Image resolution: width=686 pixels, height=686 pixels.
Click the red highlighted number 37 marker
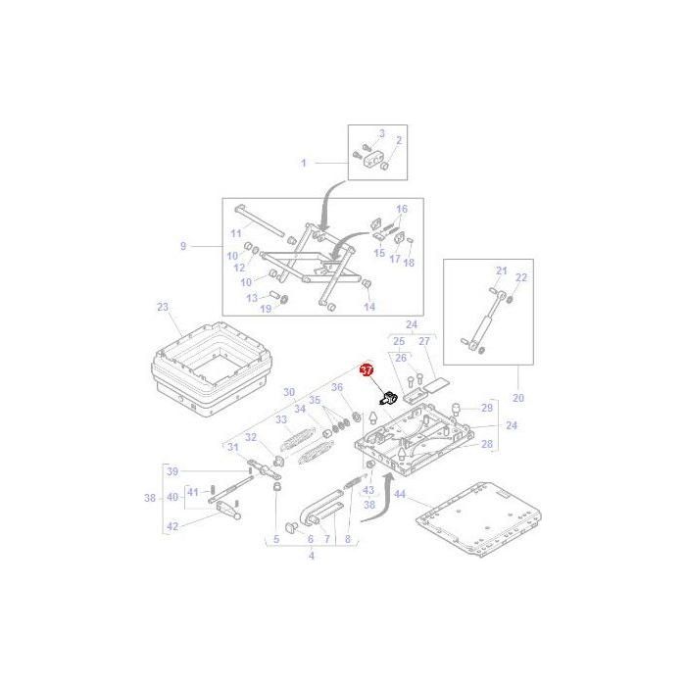[x=367, y=370]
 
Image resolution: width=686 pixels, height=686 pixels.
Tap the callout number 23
[x=163, y=307]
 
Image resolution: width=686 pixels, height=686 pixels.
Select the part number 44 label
[x=399, y=494]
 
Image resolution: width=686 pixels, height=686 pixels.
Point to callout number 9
[x=182, y=246]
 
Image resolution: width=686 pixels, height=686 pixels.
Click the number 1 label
[x=304, y=163]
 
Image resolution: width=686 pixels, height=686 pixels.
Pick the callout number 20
[x=518, y=398]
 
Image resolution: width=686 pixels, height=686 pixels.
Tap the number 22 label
[x=521, y=277]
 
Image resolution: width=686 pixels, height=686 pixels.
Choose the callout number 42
[x=173, y=526]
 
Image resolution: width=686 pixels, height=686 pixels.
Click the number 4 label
[x=312, y=557]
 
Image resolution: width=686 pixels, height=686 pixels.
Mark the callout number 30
[x=289, y=392]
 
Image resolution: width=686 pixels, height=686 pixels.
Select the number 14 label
[x=369, y=307]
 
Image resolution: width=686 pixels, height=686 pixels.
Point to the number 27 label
[x=424, y=341]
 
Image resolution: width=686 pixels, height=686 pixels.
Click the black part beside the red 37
[x=387, y=397]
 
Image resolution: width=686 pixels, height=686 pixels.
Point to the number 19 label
[x=265, y=310]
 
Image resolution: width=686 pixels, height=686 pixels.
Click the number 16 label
[x=401, y=210]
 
